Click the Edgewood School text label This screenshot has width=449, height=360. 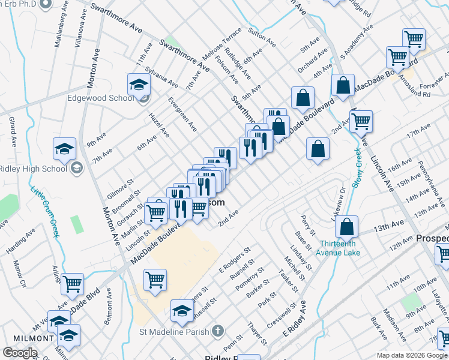(x=100, y=98)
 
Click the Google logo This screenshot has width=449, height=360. (x=20, y=353)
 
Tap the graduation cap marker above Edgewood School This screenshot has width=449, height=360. (x=139, y=85)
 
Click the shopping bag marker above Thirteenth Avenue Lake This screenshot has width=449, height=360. (x=346, y=227)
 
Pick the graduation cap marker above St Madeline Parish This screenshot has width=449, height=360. (x=182, y=310)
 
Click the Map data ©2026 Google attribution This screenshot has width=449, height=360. (x=412, y=355)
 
